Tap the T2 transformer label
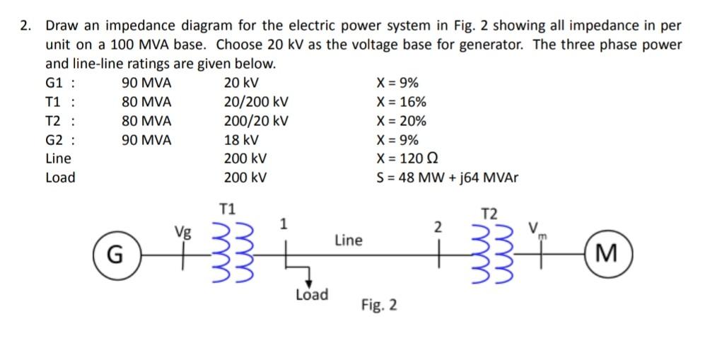pyautogui.click(x=489, y=214)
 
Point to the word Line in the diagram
pyautogui.click(x=348, y=240)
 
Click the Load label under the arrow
pyautogui.click(x=311, y=295)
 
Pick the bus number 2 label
pyautogui.click(x=438, y=226)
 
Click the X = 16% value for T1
pyautogui.click(x=402, y=101)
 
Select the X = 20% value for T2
pyautogui.click(x=402, y=120)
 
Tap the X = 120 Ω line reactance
pyautogui.click(x=408, y=158)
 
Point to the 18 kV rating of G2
pyautogui.click(x=241, y=139)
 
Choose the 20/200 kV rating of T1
pyautogui.click(x=255, y=101)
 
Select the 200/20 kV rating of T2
pyautogui.click(x=255, y=120)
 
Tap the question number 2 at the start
pyautogui.click(x=25, y=26)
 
